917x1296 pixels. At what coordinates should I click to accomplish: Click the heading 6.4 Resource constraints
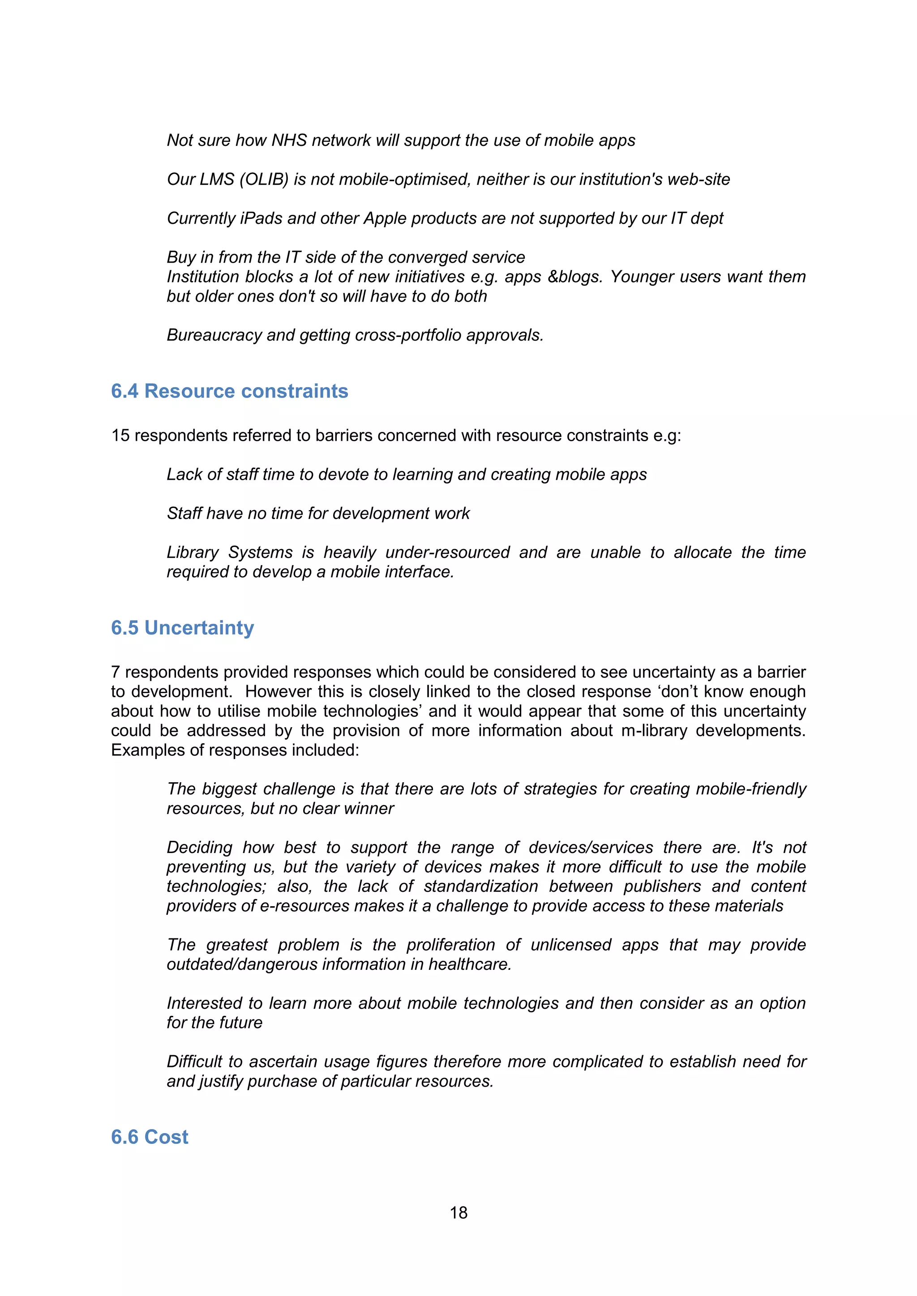pyautogui.click(x=229, y=391)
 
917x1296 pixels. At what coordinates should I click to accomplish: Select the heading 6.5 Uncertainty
pyautogui.click(x=182, y=628)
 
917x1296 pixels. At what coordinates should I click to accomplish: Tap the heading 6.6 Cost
pyautogui.click(x=150, y=1137)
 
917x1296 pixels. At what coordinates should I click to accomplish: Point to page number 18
pyautogui.click(x=458, y=1212)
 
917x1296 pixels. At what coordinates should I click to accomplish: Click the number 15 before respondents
pyautogui.click(x=120, y=436)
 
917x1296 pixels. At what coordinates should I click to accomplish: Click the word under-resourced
pyautogui.click(x=448, y=553)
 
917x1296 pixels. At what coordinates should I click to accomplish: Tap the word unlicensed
pyautogui.click(x=571, y=945)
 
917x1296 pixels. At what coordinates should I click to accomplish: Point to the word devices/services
pyautogui.click(x=591, y=848)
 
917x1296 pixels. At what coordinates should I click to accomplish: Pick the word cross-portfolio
pyautogui.click(x=391, y=335)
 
